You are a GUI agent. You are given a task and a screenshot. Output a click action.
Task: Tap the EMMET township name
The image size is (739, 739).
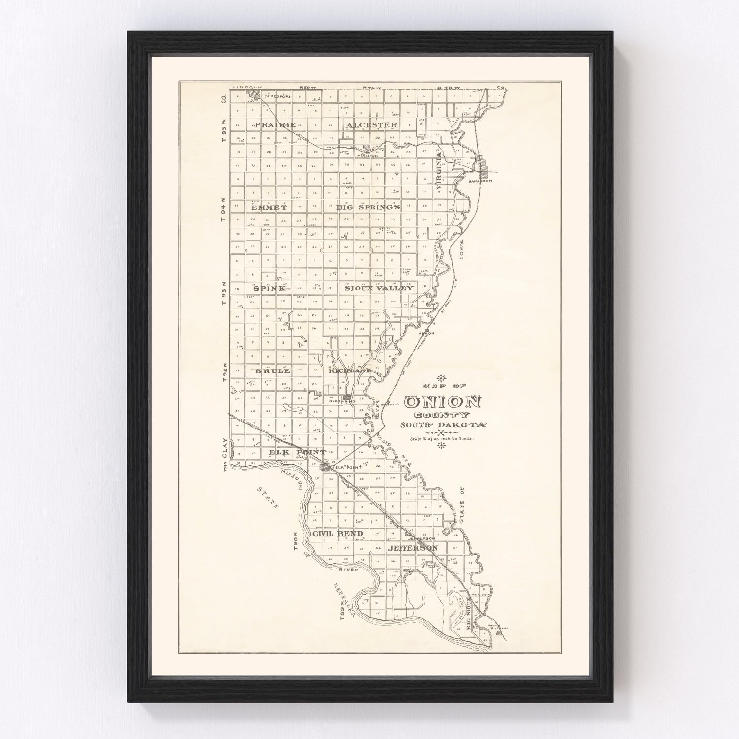(269, 208)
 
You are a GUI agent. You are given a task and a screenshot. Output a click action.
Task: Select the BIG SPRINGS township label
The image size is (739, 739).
(368, 208)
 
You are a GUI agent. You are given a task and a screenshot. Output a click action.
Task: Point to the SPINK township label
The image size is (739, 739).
(269, 288)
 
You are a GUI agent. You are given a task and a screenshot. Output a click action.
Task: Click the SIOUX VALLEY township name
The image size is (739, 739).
(378, 288)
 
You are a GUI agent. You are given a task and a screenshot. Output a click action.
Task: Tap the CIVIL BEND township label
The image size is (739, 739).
(337, 534)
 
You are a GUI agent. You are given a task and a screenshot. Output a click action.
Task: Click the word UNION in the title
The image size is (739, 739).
(442, 403)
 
